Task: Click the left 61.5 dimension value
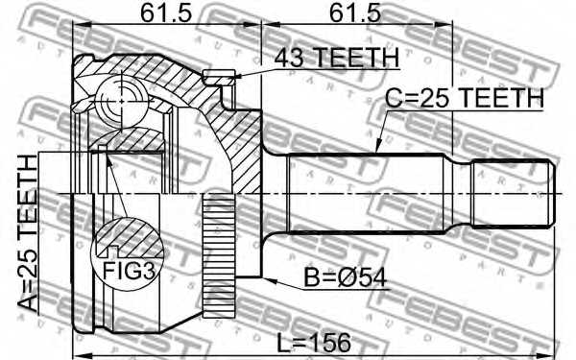click(166, 13)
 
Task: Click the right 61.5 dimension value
click(355, 13)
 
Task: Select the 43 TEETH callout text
click(337, 58)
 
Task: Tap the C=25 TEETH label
click(465, 98)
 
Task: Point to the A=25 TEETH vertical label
click(28, 233)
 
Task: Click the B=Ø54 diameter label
click(346, 277)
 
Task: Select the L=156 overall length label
click(313, 343)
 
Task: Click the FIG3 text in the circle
click(129, 271)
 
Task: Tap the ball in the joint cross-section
click(121, 100)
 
